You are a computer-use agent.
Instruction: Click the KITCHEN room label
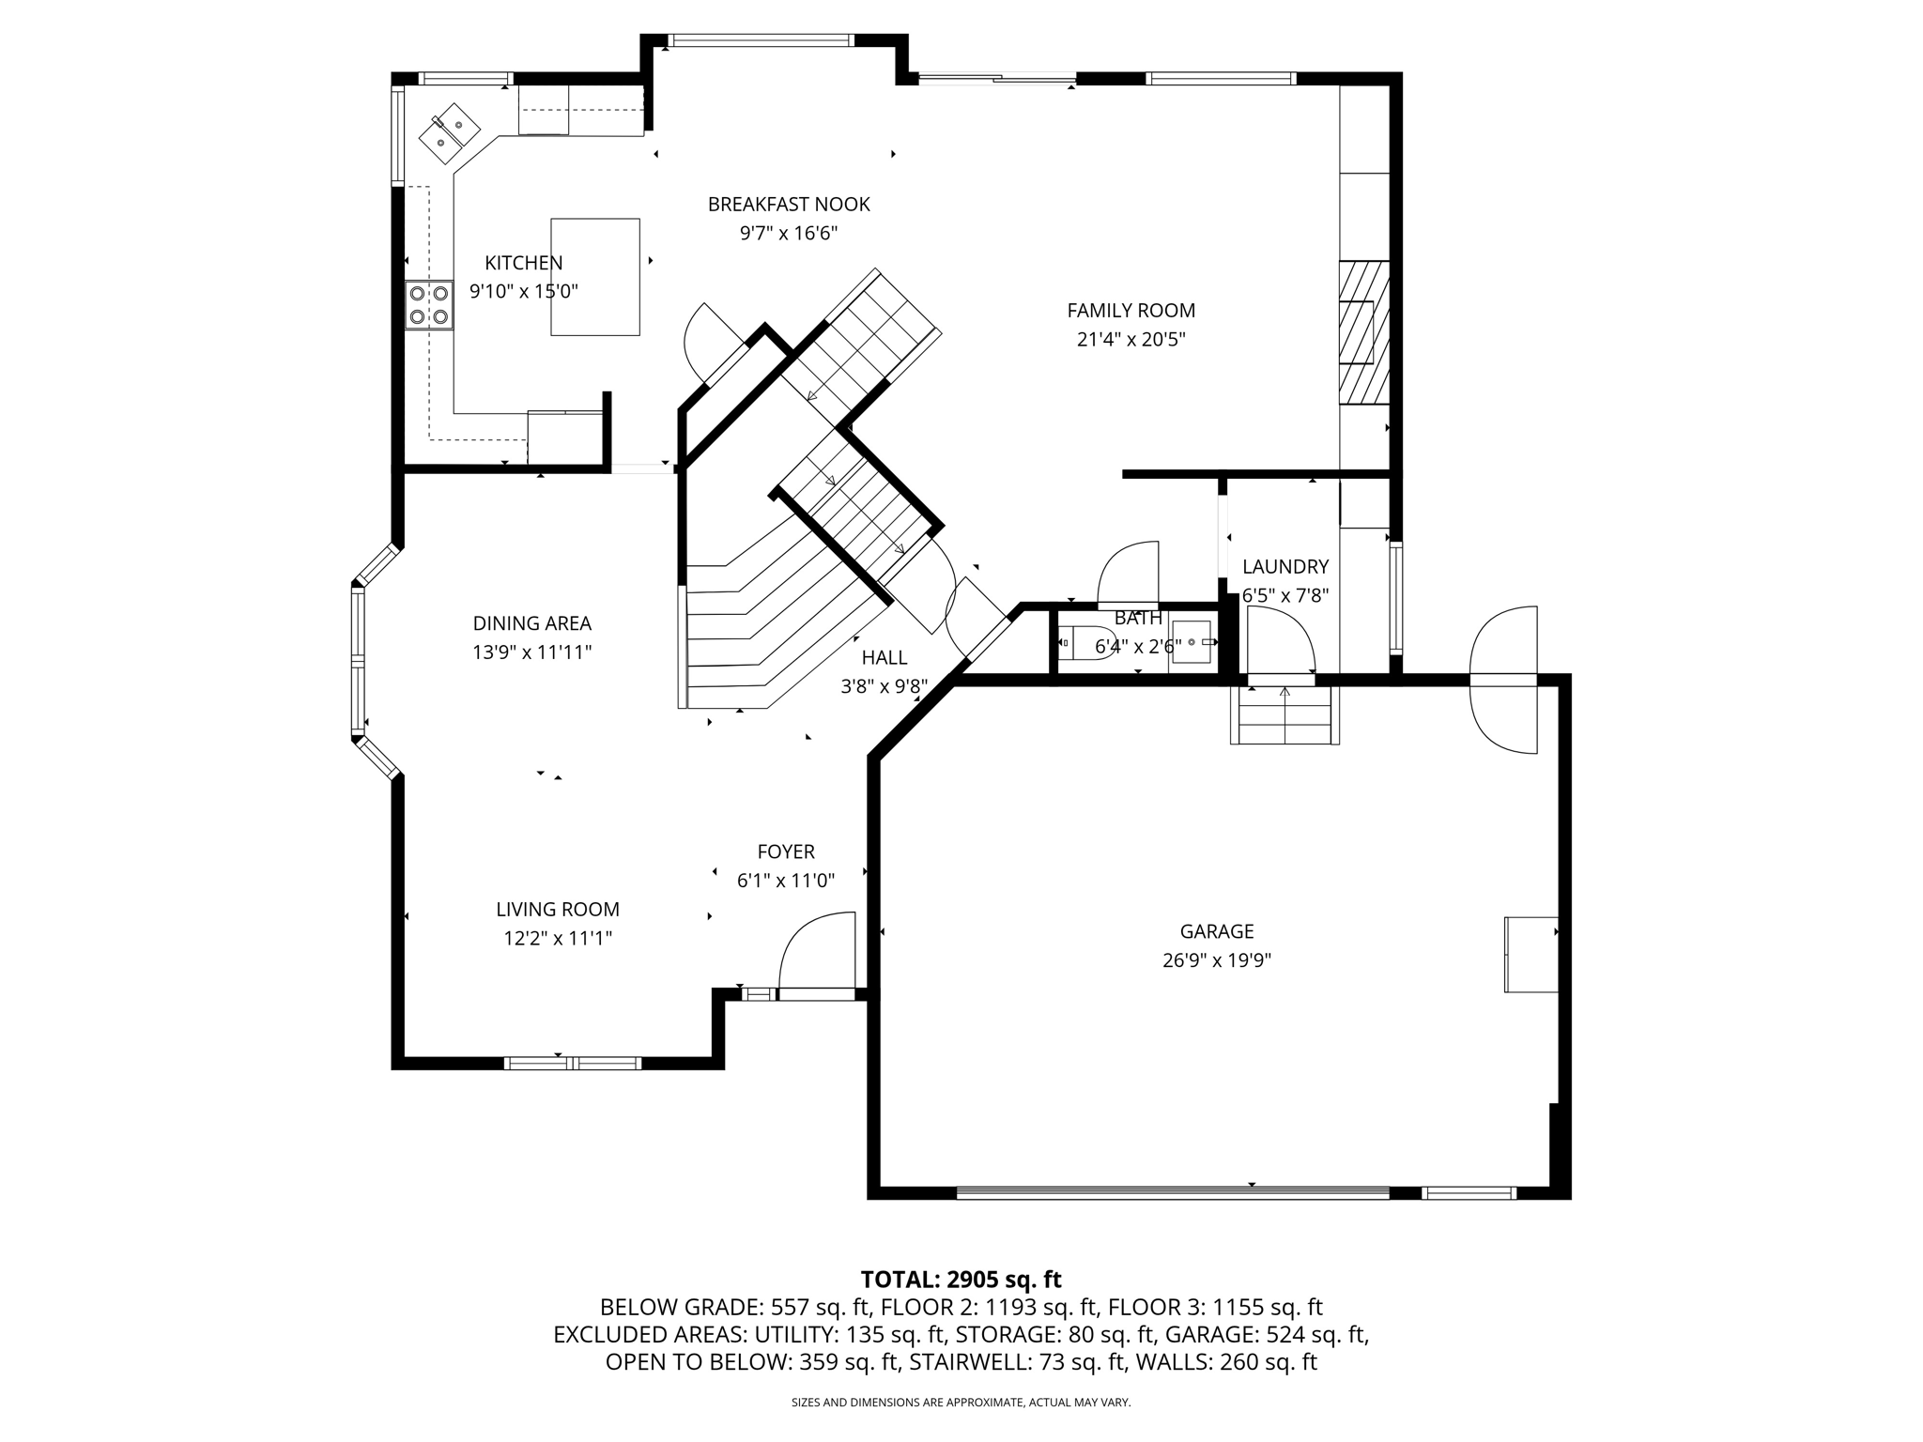click(x=523, y=263)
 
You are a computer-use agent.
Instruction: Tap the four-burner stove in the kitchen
click(x=429, y=305)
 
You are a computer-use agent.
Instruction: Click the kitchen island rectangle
click(x=595, y=277)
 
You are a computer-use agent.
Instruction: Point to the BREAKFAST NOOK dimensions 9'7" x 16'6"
click(x=788, y=233)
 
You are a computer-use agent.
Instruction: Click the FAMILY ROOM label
click(x=1131, y=310)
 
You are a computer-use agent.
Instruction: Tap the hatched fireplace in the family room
click(x=1363, y=331)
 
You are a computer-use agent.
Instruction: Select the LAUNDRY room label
click(x=1285, y=566)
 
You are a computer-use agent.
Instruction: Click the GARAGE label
click(x=1216, y=931)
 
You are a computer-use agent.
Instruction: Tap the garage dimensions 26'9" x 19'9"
click(x=1216, y=960)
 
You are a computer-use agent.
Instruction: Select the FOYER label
click(x=786, y=851)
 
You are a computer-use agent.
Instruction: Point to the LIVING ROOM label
click(x=558, y=909)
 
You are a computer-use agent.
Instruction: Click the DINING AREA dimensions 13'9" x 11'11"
click(x=531, y=652)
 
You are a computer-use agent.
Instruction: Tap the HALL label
click(x=884, y=657)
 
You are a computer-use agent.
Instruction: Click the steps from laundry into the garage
click(x=1285, y=715)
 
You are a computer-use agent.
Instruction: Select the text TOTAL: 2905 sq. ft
click(x=961, y=1280)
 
